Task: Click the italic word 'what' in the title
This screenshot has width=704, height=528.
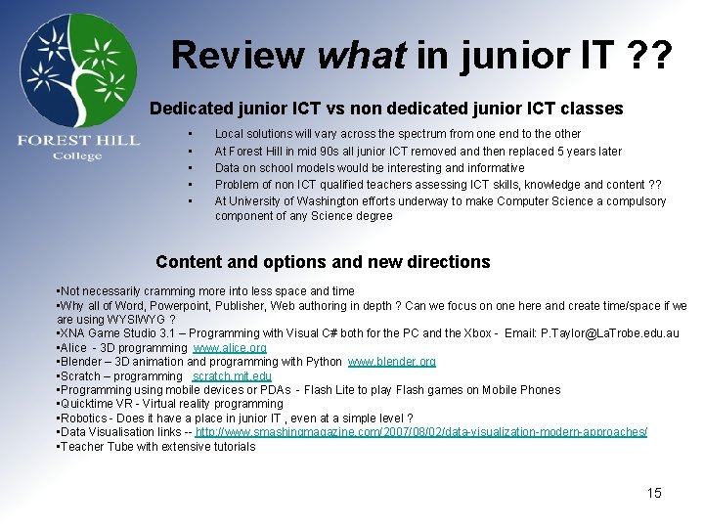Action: (x=361, y=55)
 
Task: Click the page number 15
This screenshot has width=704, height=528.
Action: (x=653, y=493)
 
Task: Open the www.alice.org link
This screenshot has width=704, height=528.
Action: (x=230, y=348)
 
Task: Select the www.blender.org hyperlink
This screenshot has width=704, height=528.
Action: (x=392, y=362)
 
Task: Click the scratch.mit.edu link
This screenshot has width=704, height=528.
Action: (x=232, y=376)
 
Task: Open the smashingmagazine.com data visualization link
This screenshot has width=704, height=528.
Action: (x=421, y=432)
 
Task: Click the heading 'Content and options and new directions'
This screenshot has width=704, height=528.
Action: (x=323, y=262)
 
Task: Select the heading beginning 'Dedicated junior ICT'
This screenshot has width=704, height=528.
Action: (x=386, y=109)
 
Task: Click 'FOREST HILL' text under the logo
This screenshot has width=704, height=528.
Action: (x=78, y=141)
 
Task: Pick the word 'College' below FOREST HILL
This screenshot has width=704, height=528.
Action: (x=77, y=156)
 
